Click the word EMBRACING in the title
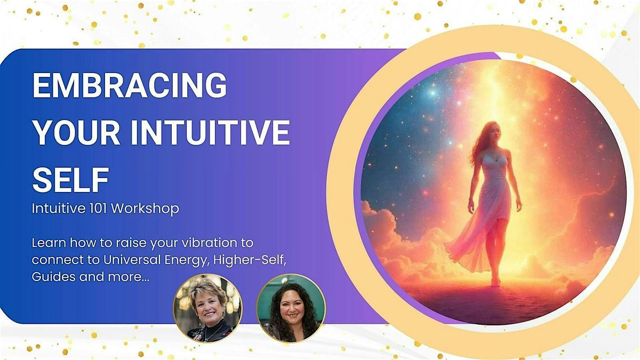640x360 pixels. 130,85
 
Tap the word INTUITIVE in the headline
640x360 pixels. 211,132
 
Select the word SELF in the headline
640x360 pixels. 70,180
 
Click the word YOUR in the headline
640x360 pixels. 76,132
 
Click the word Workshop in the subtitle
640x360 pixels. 145,209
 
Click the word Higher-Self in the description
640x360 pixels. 250,261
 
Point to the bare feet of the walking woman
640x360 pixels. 496,282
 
